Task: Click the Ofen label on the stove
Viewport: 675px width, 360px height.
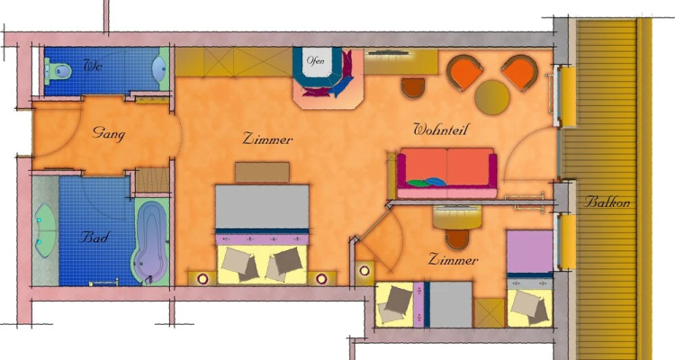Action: [316, 60]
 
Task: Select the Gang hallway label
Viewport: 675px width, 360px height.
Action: [109, 133]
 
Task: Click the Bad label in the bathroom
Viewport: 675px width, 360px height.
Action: [94, 237]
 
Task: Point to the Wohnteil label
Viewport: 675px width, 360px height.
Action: [440, 130]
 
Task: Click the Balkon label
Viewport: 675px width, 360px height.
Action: [607, 202]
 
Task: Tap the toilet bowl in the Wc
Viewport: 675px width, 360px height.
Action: [58, 70]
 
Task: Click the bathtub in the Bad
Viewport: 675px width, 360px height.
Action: [150, 242]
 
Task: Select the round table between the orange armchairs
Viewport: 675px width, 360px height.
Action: [492, 97]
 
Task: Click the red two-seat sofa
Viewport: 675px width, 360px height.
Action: [446, 173]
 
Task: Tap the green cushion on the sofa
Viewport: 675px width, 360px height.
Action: [418, 184]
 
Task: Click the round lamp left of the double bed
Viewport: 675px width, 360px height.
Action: [202, 279]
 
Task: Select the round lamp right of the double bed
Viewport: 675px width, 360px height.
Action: [321, 279]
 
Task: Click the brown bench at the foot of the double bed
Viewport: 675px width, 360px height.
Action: [262, 172]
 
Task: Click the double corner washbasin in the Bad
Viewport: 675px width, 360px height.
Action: [45, 230]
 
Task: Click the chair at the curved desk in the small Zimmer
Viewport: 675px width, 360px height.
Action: [456, 239]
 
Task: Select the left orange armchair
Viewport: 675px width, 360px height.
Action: [464, 72]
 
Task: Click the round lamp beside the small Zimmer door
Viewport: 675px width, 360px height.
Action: [364, 271]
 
